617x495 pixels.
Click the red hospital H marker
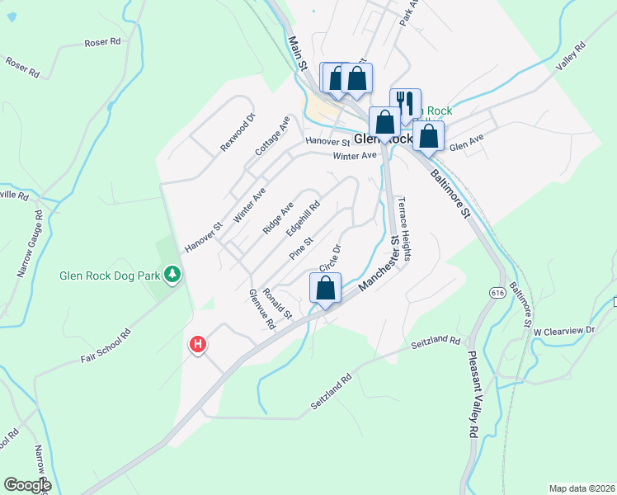198,345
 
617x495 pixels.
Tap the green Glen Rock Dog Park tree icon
172,273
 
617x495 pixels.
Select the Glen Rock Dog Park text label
109,276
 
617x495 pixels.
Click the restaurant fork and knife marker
405,103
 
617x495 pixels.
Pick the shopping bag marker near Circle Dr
326,289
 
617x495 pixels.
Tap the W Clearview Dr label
564,331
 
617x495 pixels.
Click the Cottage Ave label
272,136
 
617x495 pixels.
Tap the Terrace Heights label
404,228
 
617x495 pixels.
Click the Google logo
27,485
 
